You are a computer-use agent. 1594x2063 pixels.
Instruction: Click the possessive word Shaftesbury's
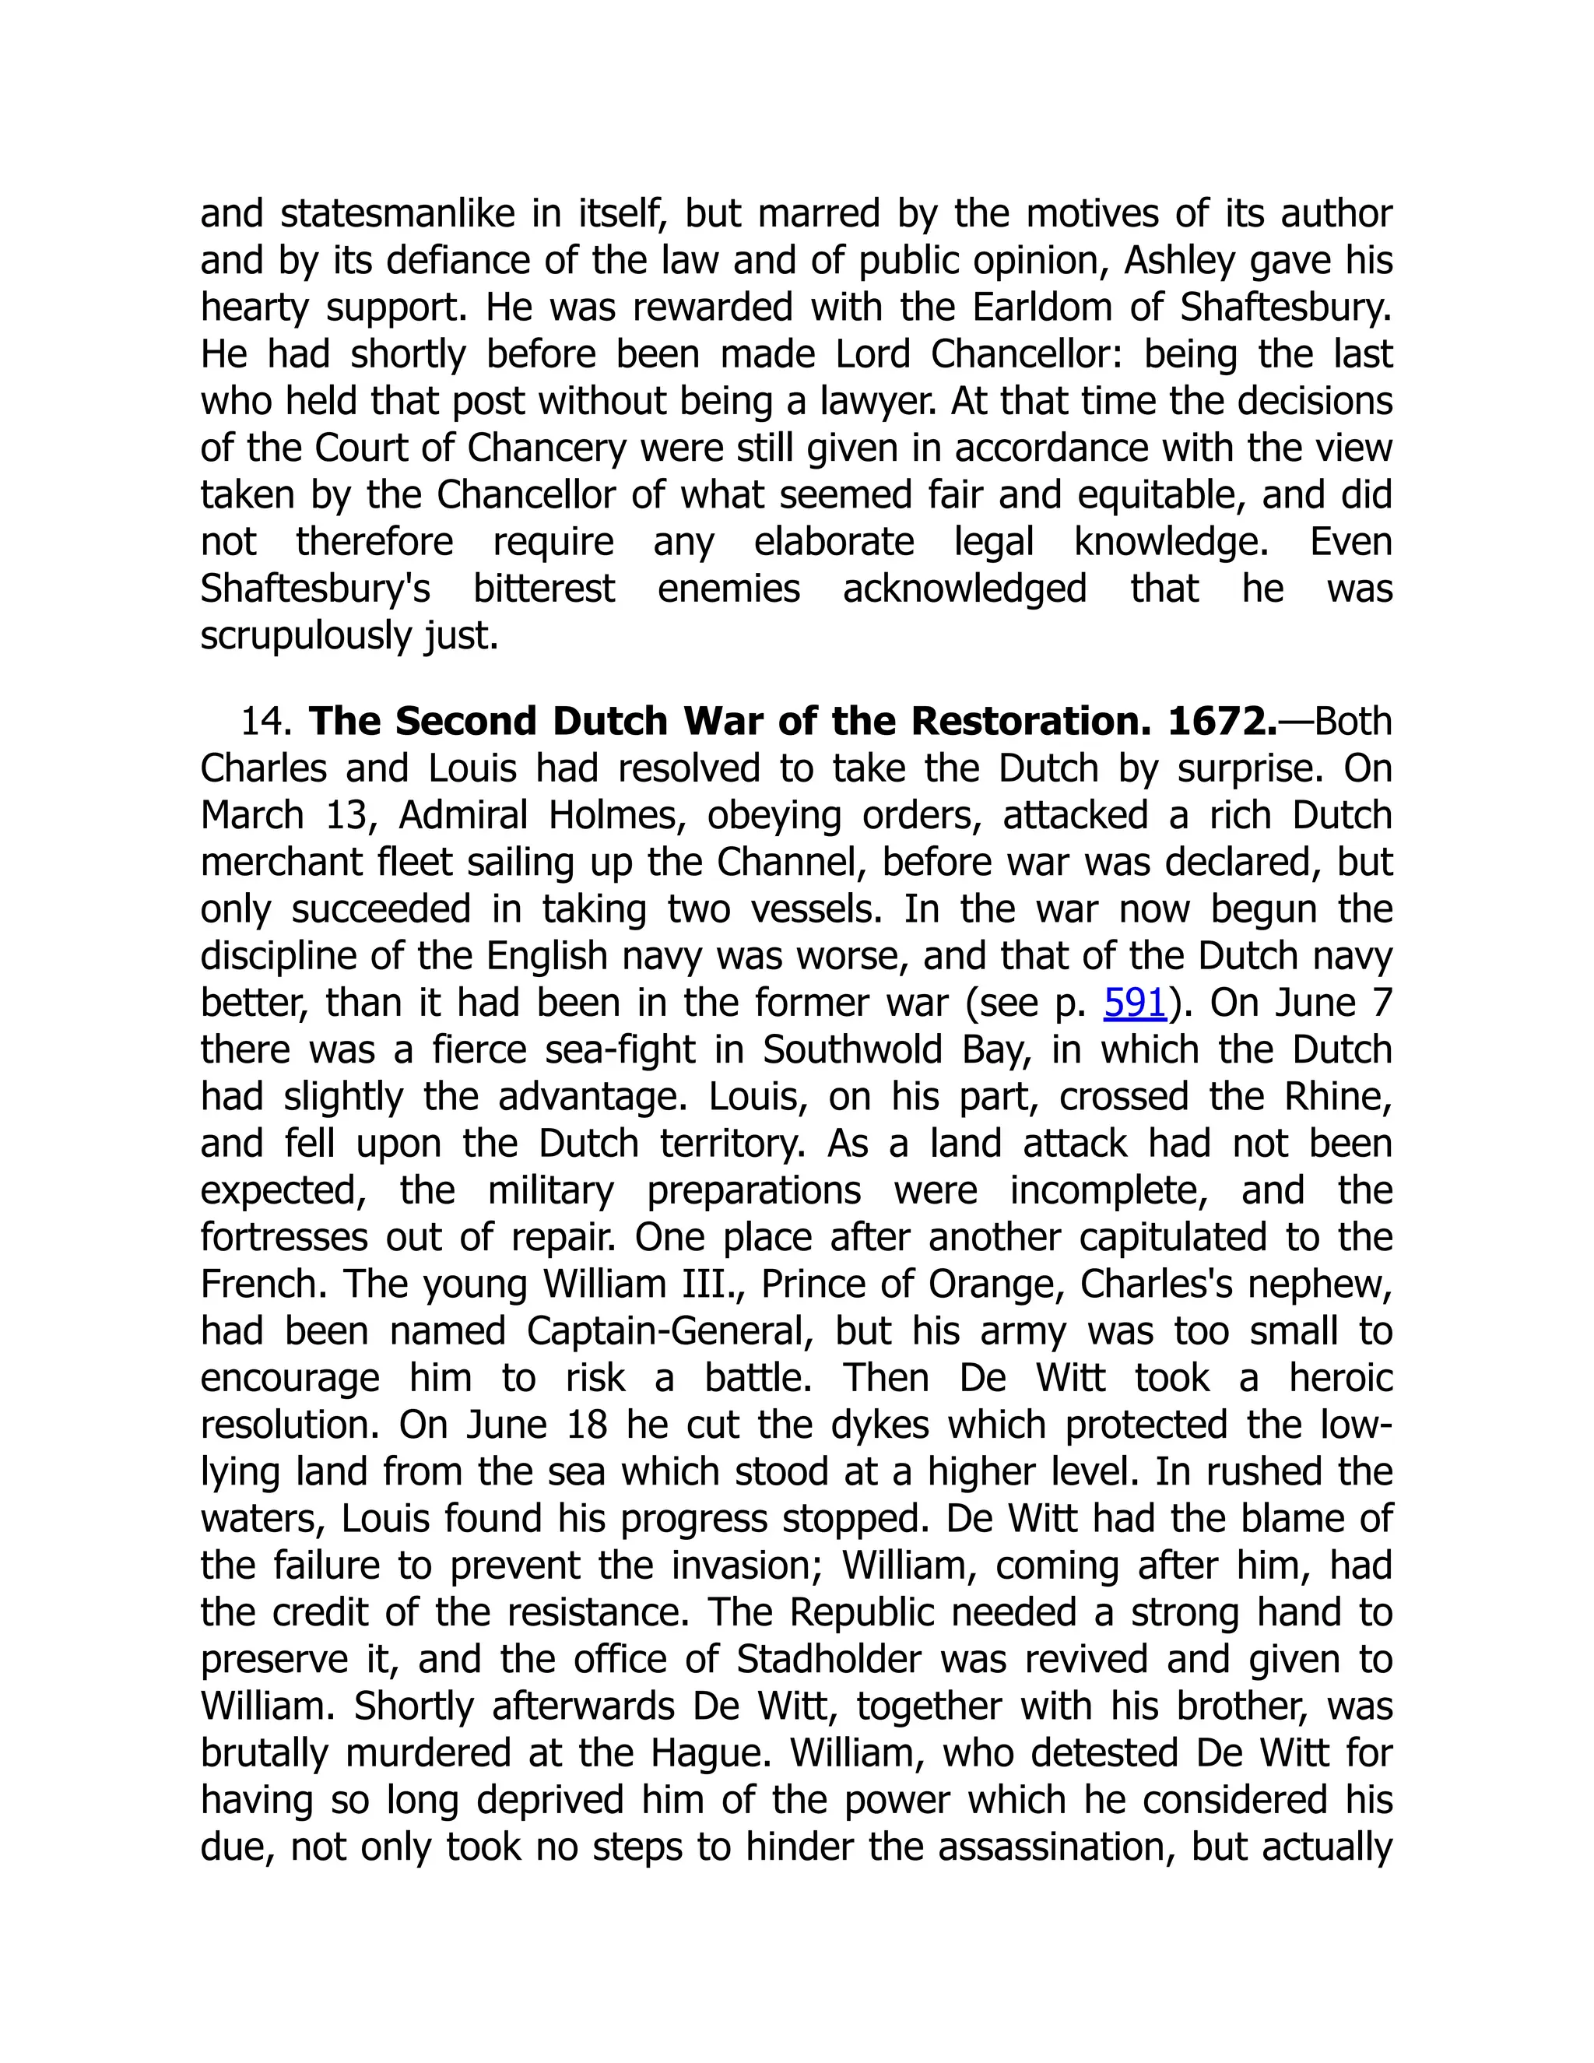(x=315, y=589)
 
